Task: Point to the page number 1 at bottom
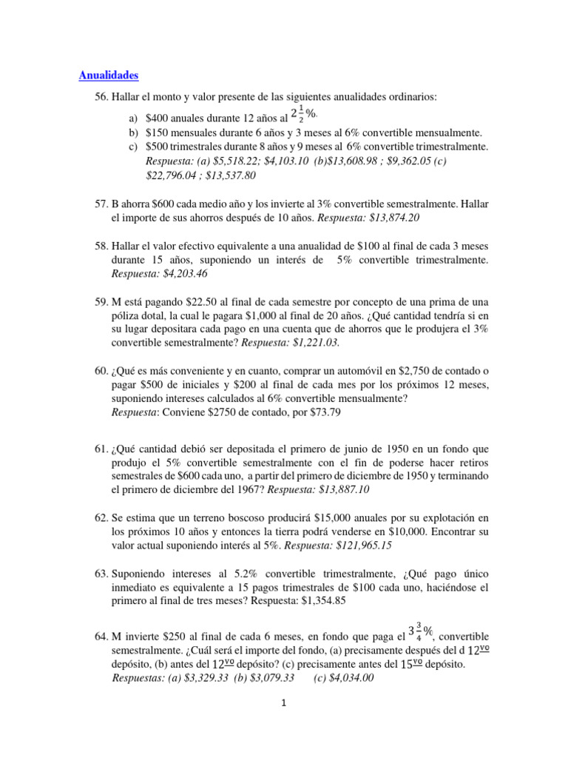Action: click(x=283, y=704)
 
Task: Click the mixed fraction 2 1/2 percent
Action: click(x=303, y=114)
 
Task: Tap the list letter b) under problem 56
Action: click(x=133, y=133)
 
